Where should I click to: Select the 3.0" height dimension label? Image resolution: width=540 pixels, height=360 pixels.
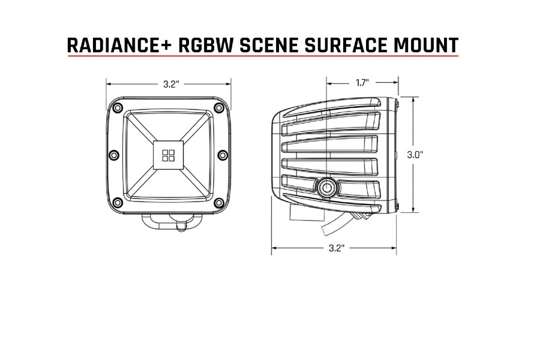(415, 154)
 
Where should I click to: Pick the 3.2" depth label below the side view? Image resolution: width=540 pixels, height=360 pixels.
(335, 248)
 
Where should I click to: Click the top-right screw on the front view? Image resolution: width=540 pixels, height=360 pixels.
(218, 109)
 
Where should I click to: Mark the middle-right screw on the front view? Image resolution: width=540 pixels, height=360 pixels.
(223, 155)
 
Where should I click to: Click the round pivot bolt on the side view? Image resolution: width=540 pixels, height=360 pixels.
(327, 187)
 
